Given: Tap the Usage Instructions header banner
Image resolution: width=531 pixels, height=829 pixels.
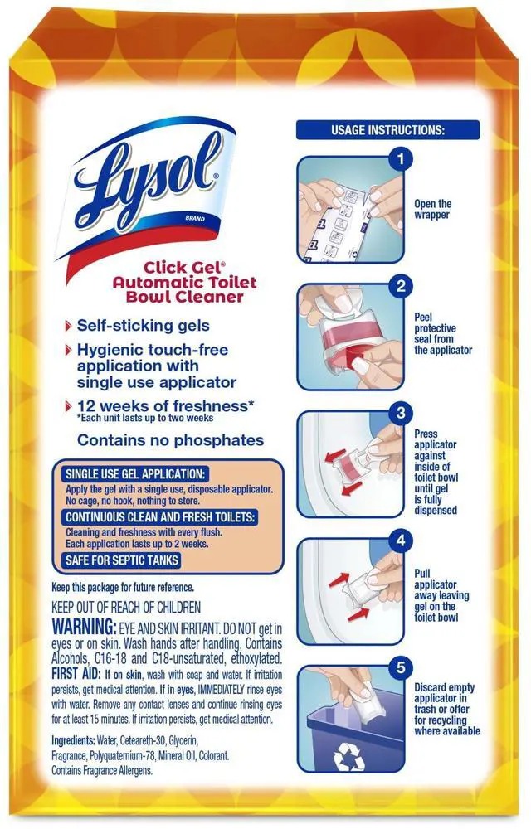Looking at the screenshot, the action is pos(387,130).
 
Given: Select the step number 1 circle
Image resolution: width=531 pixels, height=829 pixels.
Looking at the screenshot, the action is pos(401,158).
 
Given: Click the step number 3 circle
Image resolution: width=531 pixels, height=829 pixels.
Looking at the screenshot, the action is pos(401,413).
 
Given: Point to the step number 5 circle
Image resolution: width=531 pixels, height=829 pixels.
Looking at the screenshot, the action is pos(401,667).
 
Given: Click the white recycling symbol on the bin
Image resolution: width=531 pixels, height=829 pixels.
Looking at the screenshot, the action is pos(348,756).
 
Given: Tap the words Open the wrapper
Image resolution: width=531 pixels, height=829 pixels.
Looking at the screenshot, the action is pos(432,210).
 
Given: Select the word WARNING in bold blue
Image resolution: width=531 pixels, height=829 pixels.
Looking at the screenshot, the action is pos(84,628).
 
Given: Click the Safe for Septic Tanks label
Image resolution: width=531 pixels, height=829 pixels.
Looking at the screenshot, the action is pos(122,560).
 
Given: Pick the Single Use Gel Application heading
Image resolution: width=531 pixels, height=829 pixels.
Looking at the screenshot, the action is pos(135,473).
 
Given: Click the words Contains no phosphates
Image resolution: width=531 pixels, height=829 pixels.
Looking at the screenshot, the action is pos(170,440).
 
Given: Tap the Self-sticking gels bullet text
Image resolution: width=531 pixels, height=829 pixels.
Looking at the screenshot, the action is pos(143,326).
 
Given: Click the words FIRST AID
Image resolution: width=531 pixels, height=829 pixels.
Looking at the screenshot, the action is pos(76,674).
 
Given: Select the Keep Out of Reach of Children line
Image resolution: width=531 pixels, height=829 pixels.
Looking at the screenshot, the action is pos(126,607).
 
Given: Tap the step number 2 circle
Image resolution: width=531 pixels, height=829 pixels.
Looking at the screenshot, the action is pos(401,286).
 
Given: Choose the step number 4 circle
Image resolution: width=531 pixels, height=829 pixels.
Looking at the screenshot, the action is pos(401,541).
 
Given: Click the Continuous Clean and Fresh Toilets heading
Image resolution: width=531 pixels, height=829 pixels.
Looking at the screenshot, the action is pos(160,517).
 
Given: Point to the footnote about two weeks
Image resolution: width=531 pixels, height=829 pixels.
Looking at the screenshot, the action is pos(145,418).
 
